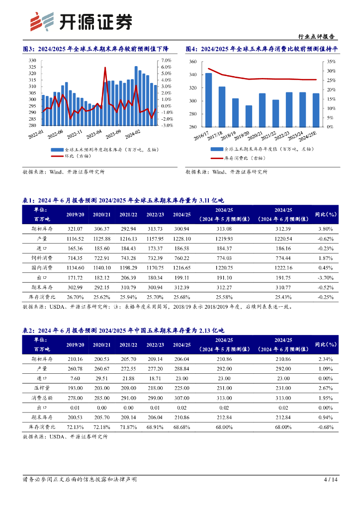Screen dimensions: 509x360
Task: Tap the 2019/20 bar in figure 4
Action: [249, 116]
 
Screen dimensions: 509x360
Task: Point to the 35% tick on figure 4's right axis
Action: [332, 62]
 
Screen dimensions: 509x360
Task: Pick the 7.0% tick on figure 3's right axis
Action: [167, 61]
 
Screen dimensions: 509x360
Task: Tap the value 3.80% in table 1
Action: [326, 229]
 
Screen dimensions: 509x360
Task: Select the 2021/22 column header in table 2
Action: [128, 344]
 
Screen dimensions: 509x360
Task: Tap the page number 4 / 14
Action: [331, 480]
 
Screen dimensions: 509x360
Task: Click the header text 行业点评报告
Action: [316, 37]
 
